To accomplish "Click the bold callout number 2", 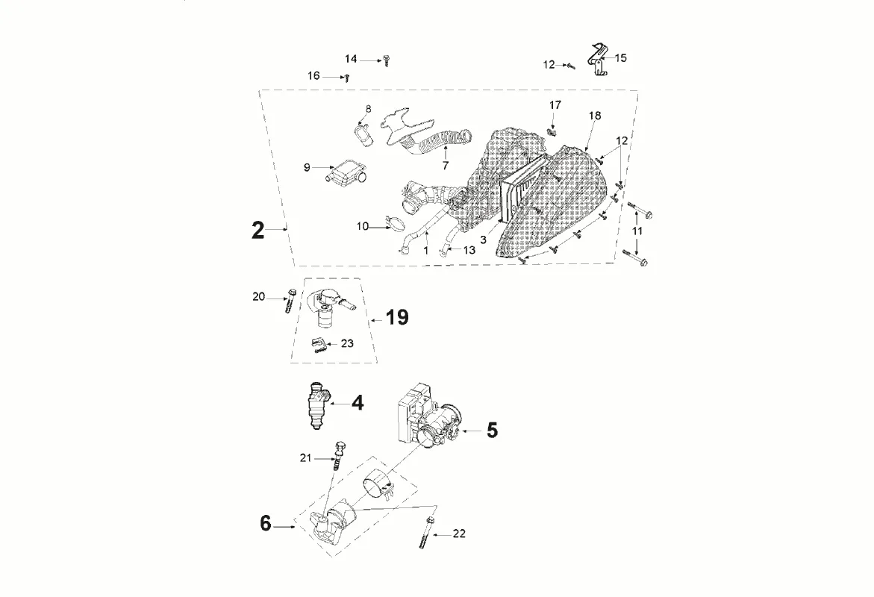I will click(257, 230).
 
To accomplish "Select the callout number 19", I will click(397, 318).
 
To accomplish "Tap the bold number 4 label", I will click(358, 404).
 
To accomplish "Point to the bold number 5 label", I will click(491, 431).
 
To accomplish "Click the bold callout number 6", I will click(266, 524).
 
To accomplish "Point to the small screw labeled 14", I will click(387, 60).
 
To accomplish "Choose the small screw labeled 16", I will click(346, 77).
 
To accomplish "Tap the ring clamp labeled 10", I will click(393, 224).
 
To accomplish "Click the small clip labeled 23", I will click(319, 344).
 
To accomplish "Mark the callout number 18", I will click(594, 116).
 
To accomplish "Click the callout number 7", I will click(445, 166).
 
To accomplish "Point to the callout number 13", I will click(469, 251).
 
